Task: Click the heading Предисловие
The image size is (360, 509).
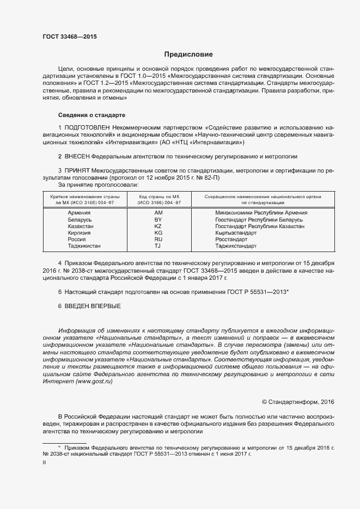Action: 188,54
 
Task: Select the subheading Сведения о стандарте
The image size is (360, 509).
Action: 91,115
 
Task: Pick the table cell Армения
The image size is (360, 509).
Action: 79,213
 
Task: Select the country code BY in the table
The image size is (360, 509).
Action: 158,219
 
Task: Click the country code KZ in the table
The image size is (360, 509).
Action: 158,226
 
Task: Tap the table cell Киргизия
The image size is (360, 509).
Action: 79,232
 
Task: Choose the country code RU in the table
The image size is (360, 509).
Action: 158,239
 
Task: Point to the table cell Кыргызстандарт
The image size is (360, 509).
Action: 235,232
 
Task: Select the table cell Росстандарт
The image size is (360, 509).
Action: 231,239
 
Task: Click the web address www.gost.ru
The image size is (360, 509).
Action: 93,383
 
